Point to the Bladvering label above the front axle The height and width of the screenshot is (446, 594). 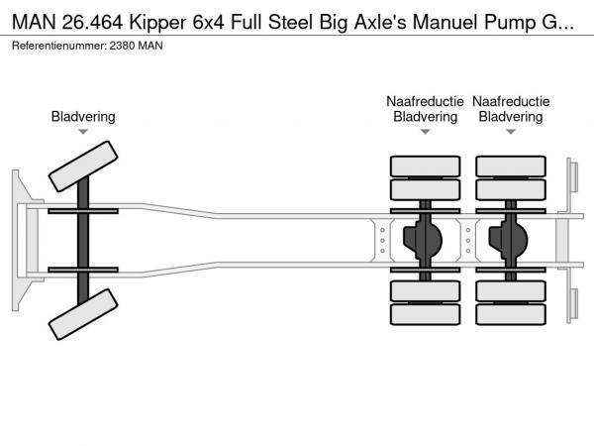(x=83, y=117)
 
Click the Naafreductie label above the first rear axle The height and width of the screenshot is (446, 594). (x=426, y=101)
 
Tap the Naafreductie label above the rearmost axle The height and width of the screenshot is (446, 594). (x=511, y=101)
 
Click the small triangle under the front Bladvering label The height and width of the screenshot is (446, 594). (x=83, y=132)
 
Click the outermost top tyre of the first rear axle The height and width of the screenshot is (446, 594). (x=425, y=165)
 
